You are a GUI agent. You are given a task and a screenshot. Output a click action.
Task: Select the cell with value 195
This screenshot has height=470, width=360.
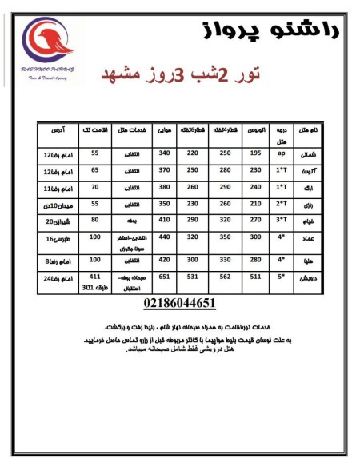point(256,153)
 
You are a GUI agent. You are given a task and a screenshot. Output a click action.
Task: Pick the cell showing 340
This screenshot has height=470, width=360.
point(166,153)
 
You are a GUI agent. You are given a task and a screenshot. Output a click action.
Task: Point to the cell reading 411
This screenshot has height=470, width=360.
point(95,276)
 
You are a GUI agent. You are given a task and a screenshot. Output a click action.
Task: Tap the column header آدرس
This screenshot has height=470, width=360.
point(56,130)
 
